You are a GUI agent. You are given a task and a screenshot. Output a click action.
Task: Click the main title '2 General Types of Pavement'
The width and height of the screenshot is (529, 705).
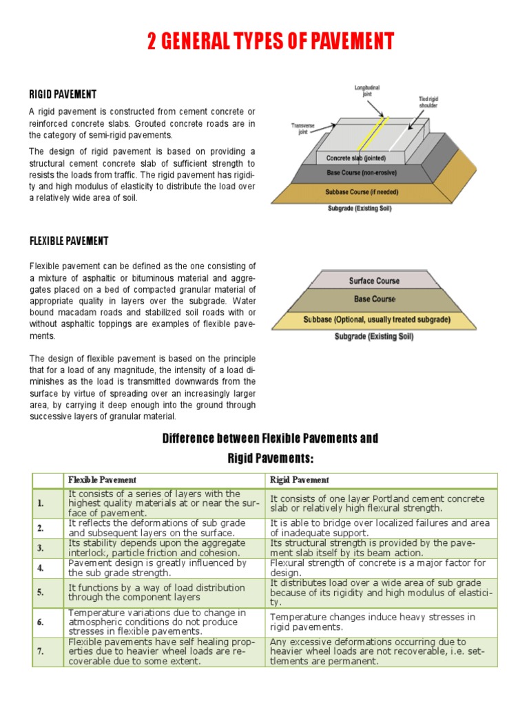coord(270,42)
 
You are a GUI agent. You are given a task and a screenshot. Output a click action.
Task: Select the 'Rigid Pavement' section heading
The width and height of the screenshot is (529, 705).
coord(62,94)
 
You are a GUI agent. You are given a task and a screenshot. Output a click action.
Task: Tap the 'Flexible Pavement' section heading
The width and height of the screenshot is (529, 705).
coord(68,241)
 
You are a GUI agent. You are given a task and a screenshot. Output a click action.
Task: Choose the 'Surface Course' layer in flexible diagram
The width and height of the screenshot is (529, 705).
coord(374,281)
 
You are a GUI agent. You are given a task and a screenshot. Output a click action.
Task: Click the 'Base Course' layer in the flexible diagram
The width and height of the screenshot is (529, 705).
coord(375,299)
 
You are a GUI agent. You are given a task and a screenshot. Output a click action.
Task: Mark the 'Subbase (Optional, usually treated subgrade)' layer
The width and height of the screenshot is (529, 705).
coord(376,320)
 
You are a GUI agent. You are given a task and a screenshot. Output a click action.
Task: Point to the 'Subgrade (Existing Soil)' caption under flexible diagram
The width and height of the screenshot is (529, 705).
coord(374,337)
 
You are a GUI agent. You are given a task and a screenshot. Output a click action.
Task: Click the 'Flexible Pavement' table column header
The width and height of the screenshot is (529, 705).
coord(101,480)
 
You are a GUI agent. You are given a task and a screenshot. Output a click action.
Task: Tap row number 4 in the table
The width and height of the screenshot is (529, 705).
coord(41,568)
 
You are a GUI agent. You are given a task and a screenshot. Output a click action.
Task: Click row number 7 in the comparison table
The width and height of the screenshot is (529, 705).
coord(41,651)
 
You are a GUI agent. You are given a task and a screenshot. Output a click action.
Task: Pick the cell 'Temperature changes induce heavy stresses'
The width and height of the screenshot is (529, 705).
coord(373,622)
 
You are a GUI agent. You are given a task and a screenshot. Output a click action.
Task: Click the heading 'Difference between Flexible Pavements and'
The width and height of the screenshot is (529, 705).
coord(270,439)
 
